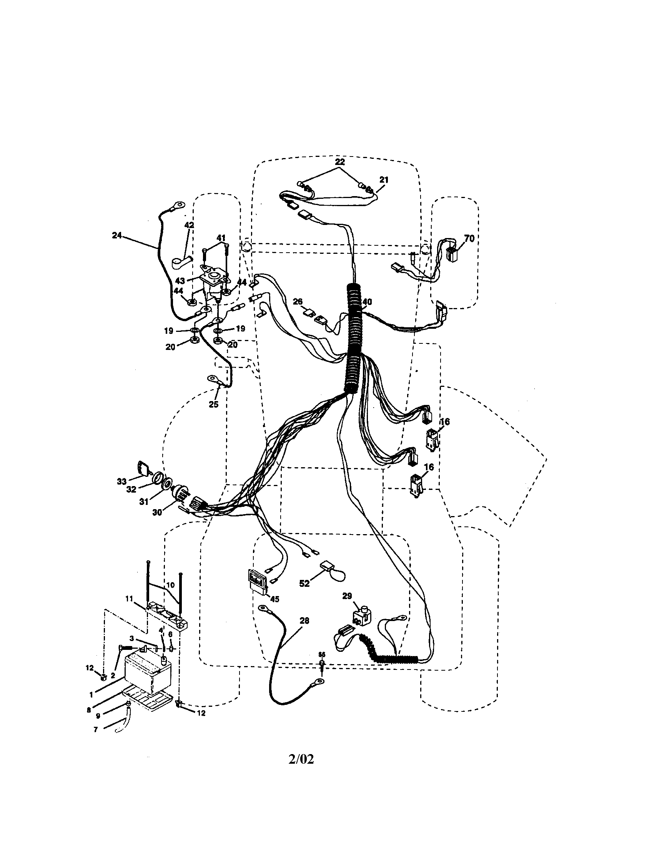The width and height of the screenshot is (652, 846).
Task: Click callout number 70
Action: (x=469, y=239)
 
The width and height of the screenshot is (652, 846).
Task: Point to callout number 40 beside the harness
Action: (x=367, y=301)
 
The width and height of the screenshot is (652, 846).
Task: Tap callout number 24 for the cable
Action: (x=116, y=235)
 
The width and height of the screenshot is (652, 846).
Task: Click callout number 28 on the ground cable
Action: (x=304, y=620)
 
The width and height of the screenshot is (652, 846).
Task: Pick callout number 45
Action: (x=274, y=599)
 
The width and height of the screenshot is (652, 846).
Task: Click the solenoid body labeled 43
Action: (x=213, y=281)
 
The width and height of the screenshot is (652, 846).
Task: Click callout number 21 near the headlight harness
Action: (x=383, y=180)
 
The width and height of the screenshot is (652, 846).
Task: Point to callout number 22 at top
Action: (x=339, y=162)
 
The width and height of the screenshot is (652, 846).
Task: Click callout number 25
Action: (x=213, y=405)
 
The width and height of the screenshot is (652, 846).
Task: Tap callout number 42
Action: (x=189, y=225)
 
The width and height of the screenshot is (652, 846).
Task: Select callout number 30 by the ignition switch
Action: (x=157, y=512)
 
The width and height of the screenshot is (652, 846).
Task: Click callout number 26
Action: (x=297, y=301)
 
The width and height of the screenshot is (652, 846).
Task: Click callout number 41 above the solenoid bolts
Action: (x=221, y=237)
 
